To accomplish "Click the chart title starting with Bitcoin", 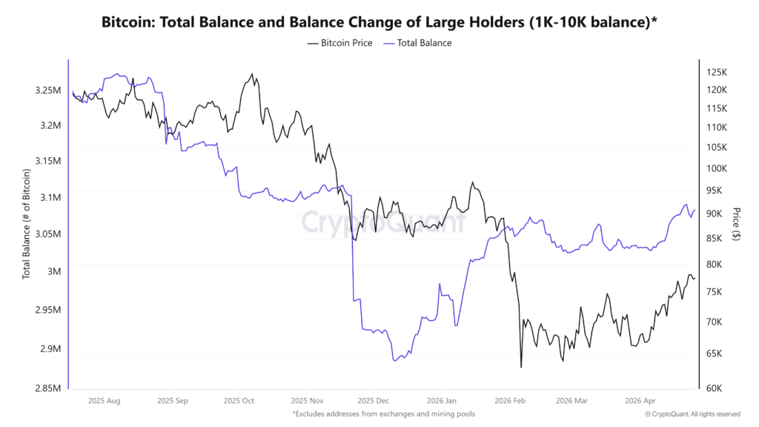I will click(x=379, y=21).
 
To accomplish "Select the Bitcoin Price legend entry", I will click(x=341, y=43).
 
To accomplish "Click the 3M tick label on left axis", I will click(x=53, y=271).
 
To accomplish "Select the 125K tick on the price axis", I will click(x=717, y=73).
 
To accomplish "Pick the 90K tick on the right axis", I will click(x=715, y=213).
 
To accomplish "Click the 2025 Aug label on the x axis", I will click(x=105, y=401).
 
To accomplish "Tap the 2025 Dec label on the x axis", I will click(x=373, y=401).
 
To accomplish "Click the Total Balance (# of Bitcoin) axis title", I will click(x=27, y=223).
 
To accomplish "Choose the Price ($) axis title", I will click(x=736, y=223).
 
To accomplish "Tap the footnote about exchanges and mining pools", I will click(x=383, y=414).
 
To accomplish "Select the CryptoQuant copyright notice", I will click(x=692, y=414).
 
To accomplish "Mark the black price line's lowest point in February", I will click(x=521, y=367).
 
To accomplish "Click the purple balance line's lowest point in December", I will click(x=394, y=360).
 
